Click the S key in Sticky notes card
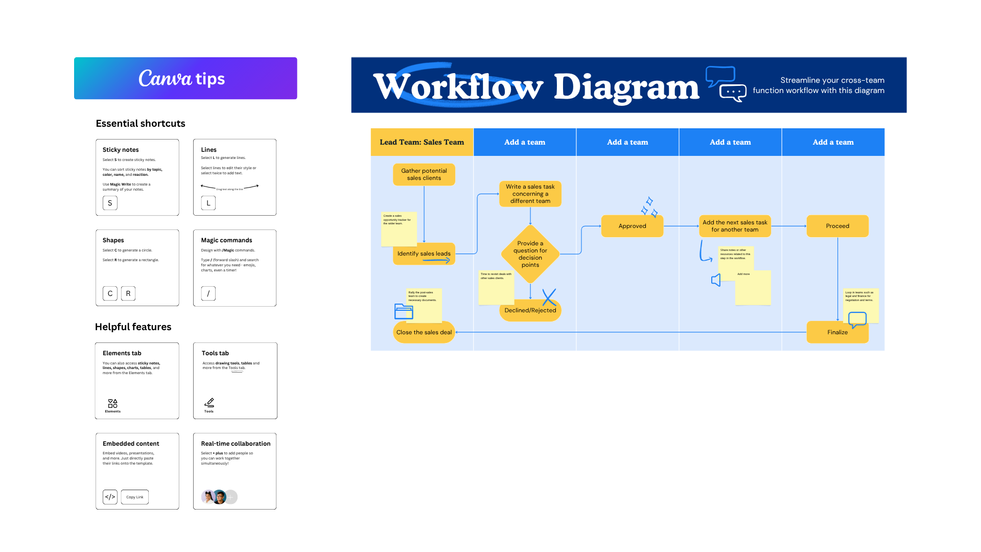tap(110, 203)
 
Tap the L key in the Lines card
tap(208, 203)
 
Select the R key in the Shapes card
tap(128, 293)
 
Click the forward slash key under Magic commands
tap(208, 293)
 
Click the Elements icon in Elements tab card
tap(112, 404)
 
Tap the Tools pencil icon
tap(209, 403)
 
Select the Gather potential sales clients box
tap(424, 174)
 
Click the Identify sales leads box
tap(424, 254)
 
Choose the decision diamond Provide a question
tap(530, 254)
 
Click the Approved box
tap(632, 226)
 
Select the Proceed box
tap(837, 226)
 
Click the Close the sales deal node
tap(424, 333)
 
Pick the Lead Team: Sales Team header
tap(422, 142)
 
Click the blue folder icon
tap(404, 311)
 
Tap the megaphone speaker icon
tap(716, 280)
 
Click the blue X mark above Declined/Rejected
tap(549, 297)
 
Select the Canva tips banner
tap(185, 78)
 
